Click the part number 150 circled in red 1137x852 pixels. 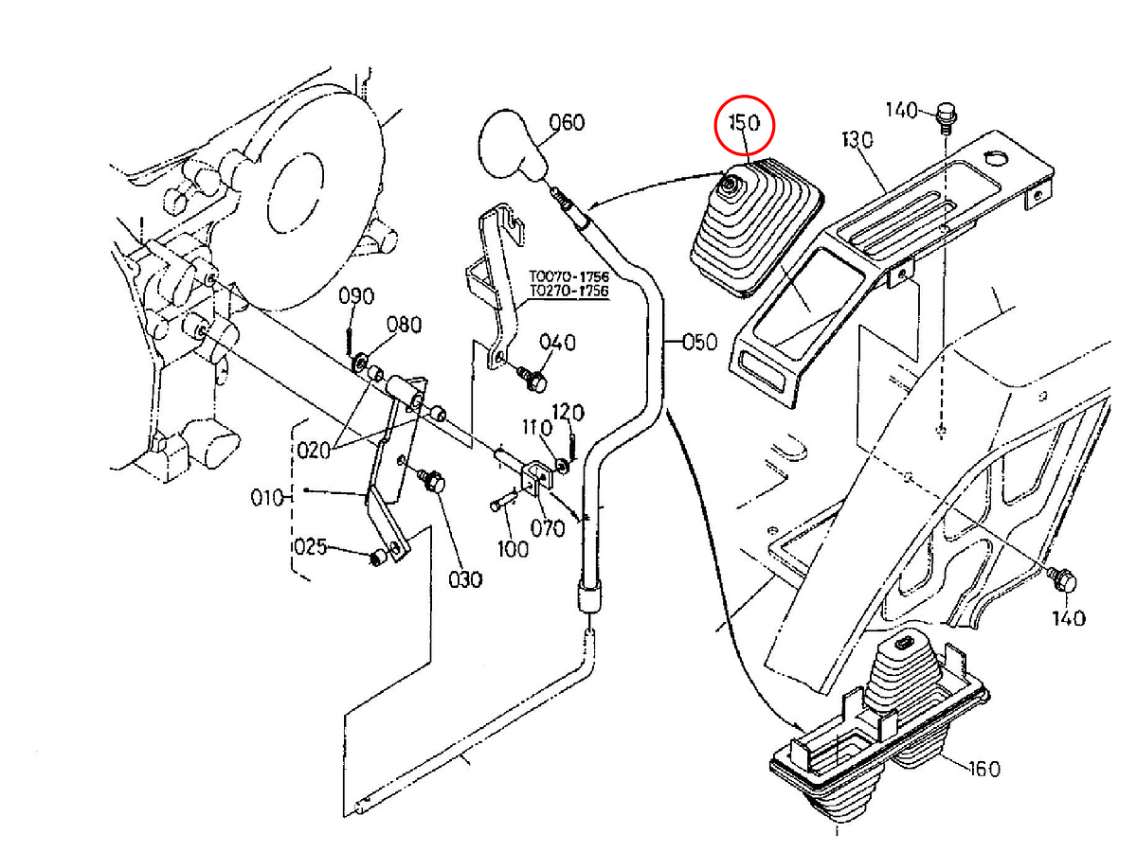click(744, 123)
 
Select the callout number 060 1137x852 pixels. click(567, 123)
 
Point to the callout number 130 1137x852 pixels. click(857, 140)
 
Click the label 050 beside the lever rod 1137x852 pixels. click(700, 342)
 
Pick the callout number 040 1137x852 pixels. click(557, 343)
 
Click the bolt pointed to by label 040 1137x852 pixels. click(533, 380)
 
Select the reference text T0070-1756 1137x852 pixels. click(568, 275)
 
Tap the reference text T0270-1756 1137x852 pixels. click(568, 291)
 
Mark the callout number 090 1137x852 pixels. click(356, 296)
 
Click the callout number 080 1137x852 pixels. click(404, 325)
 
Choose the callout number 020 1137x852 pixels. click(314, 451)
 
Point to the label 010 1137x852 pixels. click(267, 498)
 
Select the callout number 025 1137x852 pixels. click(311, 546)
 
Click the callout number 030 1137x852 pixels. click(465, 580)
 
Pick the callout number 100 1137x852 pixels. click(513, 549)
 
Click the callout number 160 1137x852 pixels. click(984, 770)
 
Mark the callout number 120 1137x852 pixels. click(568, 413)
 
